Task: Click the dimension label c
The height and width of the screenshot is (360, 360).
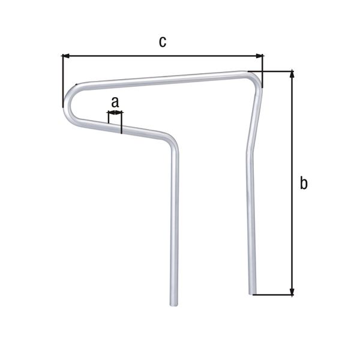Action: tap(162, 41)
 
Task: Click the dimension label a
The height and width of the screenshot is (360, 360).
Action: tap(115, 101)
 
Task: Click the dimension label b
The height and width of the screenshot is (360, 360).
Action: tap(304, 184)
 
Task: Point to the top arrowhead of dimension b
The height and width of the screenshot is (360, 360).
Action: tap(292, 74)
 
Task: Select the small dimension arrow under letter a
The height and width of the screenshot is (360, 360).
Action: tap(115, 112)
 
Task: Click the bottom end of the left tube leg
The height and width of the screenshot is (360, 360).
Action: tap(175, 303)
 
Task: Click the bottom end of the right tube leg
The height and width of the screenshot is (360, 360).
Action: tap(253, 292)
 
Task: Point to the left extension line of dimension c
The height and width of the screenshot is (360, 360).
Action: tap(62, 81)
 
